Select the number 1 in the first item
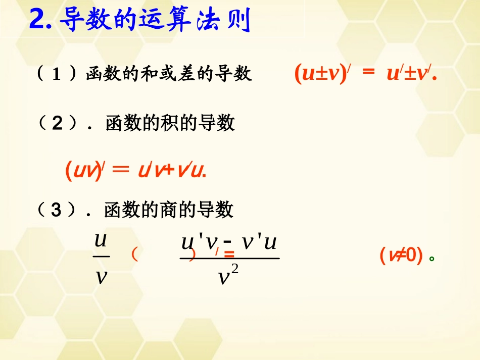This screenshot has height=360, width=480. click(x=57, y=75)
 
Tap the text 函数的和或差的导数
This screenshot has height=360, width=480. click(x=169, y=75)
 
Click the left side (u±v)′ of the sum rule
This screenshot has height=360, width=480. click(x=323, y=74)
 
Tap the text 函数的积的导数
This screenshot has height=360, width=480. click(x=170, y=123)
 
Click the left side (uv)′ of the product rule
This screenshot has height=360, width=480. click(x=85, y=171)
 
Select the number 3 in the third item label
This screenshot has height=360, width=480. click(x=58, y=210)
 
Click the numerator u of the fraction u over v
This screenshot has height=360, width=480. click(x=101, y=240)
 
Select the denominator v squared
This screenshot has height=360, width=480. click(x=228, y=276)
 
